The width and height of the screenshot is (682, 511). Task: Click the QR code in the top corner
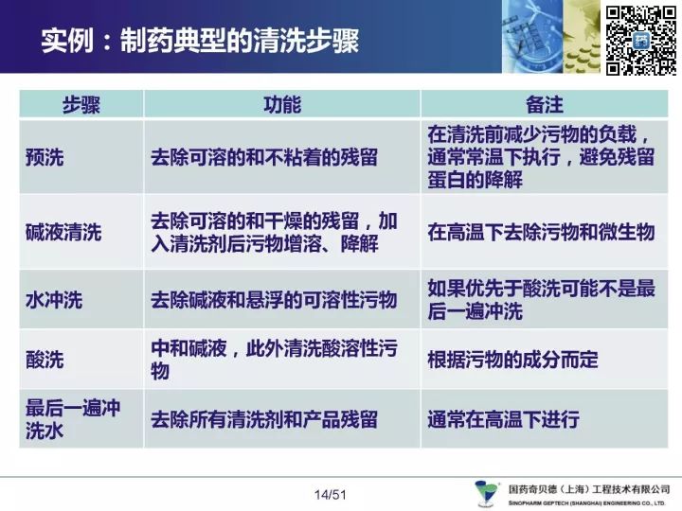coord(641,41)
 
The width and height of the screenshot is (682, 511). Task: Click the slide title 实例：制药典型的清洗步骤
coord(200,41)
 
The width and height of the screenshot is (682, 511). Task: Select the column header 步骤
coord(81,105)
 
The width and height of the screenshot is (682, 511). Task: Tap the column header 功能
coord(282,105)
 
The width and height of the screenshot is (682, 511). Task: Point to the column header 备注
coord(545,105)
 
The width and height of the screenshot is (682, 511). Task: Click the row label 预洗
coord(45,157)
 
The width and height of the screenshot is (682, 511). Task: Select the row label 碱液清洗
coord(63,232)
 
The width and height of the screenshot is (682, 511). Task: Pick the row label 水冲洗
coord(54,300)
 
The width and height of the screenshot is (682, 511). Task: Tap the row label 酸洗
coord(45,360)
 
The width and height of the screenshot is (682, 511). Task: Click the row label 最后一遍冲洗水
coord(73,419)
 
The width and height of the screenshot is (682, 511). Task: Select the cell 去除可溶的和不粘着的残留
coord(264,157)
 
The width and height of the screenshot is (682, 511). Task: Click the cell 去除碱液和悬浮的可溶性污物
coord(274,300)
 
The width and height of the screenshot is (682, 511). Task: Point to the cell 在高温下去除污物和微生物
coord(541,232)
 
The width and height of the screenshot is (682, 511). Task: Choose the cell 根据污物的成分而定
coord(512,360)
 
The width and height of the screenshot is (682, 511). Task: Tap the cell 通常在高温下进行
coord(503,419)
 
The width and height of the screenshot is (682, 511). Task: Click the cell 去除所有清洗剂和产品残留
coord(264,419)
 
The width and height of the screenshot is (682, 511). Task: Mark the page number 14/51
coord(331,495)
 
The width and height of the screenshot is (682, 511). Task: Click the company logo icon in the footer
coord(487,493)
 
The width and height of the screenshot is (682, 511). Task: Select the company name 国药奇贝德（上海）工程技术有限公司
coord(589,490)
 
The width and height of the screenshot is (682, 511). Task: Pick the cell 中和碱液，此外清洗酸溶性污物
coord(274,360)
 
